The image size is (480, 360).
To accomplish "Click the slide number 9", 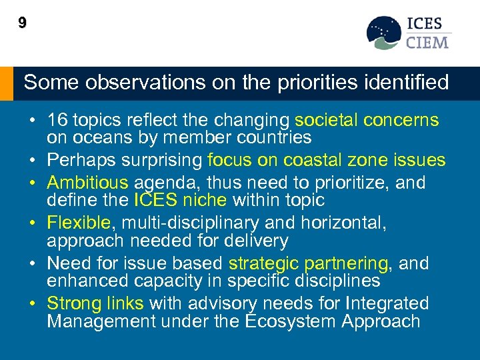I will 23,24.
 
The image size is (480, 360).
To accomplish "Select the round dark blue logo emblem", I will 384,33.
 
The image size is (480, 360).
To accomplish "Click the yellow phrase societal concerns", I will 367,121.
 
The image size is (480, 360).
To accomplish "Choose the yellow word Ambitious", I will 87,183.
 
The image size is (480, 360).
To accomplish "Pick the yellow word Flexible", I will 77,223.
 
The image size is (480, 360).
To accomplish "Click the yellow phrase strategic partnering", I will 309,263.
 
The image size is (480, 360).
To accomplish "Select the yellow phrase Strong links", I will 95,304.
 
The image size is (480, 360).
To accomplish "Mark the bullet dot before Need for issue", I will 32,264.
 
